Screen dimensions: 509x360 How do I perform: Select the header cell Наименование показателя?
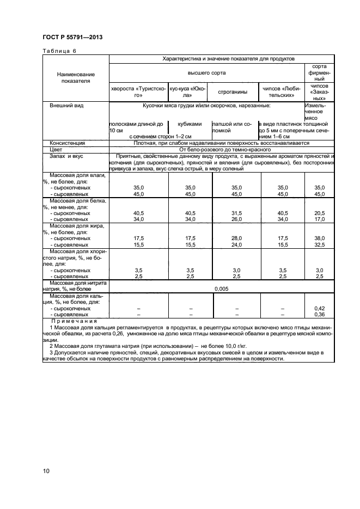76,78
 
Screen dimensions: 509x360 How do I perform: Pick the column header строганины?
229,91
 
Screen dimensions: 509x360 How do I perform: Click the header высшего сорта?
206,72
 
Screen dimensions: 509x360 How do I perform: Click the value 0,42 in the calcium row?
320,308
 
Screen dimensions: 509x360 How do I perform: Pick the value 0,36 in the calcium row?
320,314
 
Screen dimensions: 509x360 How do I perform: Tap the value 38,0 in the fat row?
320,238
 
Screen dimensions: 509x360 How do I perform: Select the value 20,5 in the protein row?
320,213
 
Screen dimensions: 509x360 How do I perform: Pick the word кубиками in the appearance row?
190,124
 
